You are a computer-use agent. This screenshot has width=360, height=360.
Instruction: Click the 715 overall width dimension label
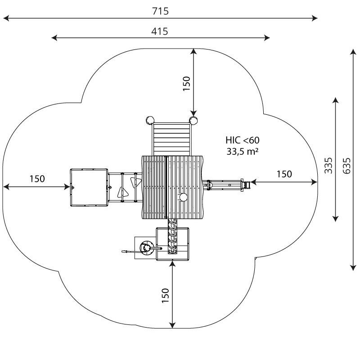(160, 11)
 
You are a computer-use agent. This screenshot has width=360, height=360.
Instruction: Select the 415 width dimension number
(160, 31)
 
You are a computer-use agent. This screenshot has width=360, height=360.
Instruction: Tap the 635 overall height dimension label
(346, 166)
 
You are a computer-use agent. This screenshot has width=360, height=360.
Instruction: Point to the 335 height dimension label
(328, 166)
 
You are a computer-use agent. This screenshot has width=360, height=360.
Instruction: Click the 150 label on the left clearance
(37, 179)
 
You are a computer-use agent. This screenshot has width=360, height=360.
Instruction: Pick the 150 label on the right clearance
(284, 174)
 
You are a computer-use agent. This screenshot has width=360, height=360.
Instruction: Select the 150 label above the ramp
(187, 84)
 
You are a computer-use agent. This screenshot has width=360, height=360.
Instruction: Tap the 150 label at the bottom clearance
(165, 296)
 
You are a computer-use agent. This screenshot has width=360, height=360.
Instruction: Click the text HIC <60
(243, 140)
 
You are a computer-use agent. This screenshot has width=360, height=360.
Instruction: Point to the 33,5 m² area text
(243, 152)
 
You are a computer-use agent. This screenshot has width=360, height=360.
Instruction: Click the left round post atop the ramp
(150, 120)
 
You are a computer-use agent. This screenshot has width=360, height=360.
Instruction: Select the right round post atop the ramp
(193, 120)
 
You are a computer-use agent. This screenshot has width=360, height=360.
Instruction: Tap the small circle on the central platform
(183, 197)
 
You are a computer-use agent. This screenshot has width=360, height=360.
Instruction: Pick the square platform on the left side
(89, 188)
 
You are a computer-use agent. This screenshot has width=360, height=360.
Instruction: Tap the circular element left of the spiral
(146, 248)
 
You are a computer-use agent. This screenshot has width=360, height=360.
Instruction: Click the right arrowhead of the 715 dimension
(315, 18)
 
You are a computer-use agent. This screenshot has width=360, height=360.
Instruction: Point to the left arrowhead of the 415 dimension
(54, 38)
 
